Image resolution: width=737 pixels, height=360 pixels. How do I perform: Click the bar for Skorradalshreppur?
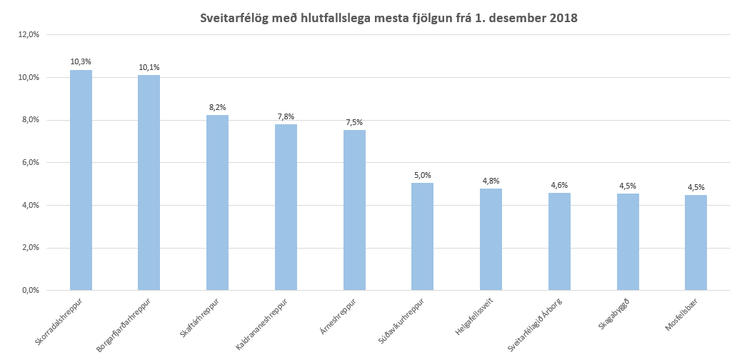point(81,180)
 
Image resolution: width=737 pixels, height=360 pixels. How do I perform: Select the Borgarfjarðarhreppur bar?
point(149,183)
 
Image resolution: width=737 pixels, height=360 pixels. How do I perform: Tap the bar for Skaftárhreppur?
point(217,203)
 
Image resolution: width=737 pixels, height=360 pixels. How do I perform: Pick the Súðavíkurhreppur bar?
point(422,236)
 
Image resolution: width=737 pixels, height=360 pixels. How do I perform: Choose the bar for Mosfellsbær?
point(696,243)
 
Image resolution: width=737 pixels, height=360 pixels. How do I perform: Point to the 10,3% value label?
point(81,62)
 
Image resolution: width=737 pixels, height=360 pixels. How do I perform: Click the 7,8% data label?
point(286,116)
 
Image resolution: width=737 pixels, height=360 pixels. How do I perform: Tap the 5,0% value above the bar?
point(422,175)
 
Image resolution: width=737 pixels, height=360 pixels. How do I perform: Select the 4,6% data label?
point(559,185)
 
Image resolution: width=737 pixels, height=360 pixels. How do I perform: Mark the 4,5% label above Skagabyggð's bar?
point(628,186)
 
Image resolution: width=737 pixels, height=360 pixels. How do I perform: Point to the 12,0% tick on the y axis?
point(28,34)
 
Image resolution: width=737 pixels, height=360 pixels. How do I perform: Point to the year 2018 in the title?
point(563,17)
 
